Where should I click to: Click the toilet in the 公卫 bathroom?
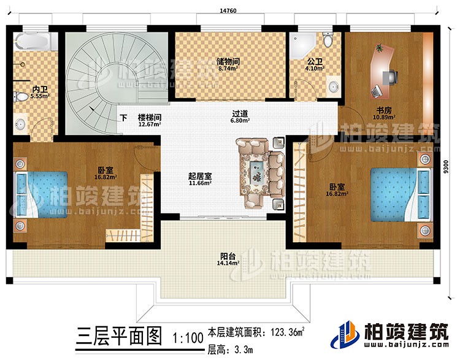(329, 40)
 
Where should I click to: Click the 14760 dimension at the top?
(228, 10)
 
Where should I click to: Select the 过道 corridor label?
(240, 113)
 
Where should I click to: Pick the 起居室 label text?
(200, 175)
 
